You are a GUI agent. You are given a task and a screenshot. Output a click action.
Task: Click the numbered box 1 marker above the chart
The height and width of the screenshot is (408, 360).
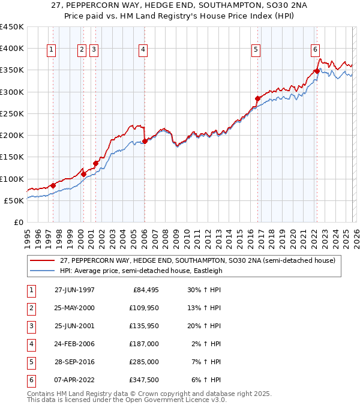tap(52, 50)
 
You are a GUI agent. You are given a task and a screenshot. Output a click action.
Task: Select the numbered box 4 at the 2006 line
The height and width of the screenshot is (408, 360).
tap(143, 50)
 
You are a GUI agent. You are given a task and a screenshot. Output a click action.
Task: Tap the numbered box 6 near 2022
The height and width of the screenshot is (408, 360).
tap(315, 50)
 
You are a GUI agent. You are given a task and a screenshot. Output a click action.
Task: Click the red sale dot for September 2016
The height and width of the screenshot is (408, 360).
tap(257, 98)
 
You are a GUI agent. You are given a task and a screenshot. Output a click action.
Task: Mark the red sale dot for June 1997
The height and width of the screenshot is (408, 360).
tap(53, 185)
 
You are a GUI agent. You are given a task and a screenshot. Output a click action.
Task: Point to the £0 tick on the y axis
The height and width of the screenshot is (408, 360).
tap(18, 222)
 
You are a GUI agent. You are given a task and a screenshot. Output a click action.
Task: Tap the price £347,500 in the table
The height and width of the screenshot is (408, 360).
tap(143, 380)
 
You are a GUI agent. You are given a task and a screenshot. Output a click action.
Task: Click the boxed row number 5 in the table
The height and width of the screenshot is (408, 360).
tap(31, 362)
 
